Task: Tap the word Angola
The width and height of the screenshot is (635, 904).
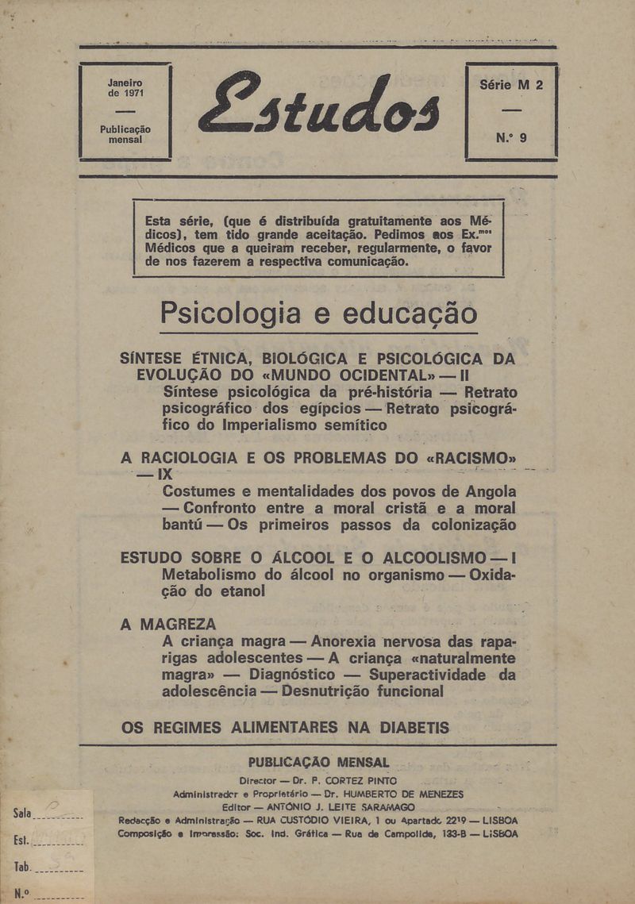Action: pyautogui.click(x=487, y=490)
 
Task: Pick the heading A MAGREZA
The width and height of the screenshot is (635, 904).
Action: pyautogui.click(x=167, y=624)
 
